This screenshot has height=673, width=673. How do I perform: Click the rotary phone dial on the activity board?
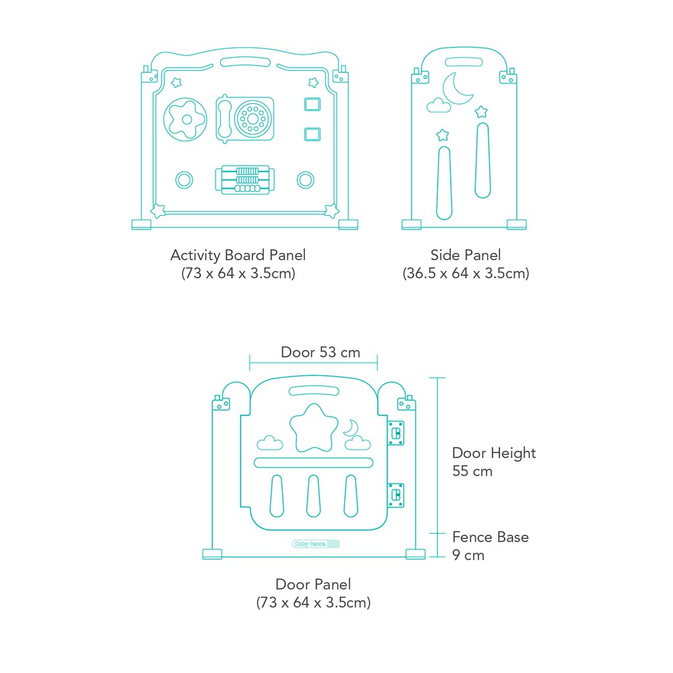point(253,119)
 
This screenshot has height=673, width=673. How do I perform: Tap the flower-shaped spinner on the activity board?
point(185,120)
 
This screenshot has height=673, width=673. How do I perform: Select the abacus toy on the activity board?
point(245,180)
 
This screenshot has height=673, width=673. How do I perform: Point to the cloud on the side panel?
point(438,106)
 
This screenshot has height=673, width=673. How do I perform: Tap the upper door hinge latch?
point(396,432)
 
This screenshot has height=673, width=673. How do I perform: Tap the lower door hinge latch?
point(396,495)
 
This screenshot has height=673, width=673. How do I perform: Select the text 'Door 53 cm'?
point(320,352)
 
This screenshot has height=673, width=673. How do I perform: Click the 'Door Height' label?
point(494,453)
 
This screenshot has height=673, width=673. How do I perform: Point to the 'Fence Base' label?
point(490,537)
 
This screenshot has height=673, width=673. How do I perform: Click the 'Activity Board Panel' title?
point(238,256)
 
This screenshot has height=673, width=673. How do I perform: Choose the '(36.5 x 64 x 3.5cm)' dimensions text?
point(466,273)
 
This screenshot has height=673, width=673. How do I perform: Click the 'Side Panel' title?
point(466,255)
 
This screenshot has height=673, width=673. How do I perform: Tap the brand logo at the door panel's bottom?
point(316,544)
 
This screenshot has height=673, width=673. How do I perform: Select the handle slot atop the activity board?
point(245,62)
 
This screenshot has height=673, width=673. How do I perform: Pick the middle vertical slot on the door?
point(313,496)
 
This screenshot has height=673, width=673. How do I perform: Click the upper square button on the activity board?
point(312,104)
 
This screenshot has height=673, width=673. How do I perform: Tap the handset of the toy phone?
point(224,119)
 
